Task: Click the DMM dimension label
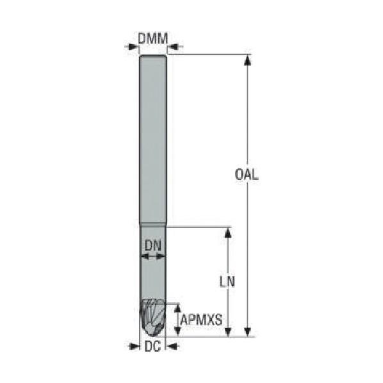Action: pos(153,38)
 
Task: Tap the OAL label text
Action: pos(246,174)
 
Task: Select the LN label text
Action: pos(227,281)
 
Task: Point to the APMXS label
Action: pos(201,320)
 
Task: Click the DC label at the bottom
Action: pos(152,346)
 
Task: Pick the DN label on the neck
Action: pos(153,246)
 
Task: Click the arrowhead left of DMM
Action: pos(133,46)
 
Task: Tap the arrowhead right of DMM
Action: pos(174,46)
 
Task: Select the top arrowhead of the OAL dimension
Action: pos(248,60)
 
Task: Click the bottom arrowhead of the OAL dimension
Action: pos(248,331)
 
